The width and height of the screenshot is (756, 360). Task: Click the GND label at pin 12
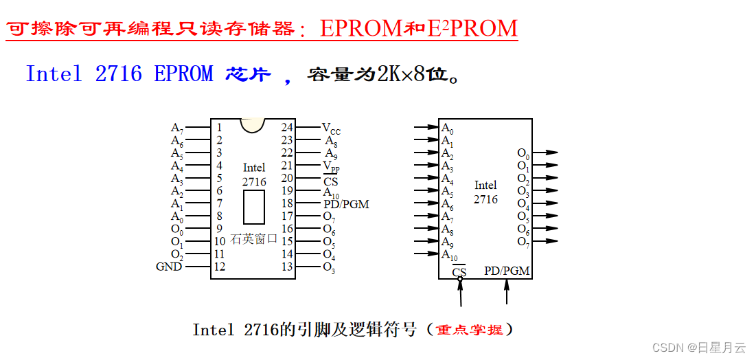pyautogui.click(x=169, y=267)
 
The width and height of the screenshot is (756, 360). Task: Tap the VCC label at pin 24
pyautogui.click(x=331, y=128)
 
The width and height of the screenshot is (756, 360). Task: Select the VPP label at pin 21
pyautogui.click(x=331, y=166)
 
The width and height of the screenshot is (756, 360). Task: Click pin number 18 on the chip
pyautogui.click(x=287, y=204)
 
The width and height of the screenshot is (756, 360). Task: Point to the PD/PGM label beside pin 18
pyautogui.click(x=346, y=204)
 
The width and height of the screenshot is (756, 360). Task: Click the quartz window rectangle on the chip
pyautogui.click(x=253, y=207)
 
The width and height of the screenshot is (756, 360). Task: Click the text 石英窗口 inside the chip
pyautogui.click(x=253, y=239)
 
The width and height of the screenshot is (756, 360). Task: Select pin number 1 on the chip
pyautogui.click(x=219, y=127)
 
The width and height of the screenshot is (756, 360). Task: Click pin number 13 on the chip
pyautogui.click(x=287, y=267)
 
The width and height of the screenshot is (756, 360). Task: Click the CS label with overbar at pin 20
pyautogui.click(x=331, y=181)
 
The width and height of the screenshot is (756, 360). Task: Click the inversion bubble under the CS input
pyautogui.click(x=459, y=279)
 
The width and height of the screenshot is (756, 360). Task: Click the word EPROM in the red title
pyautogui.click(x=360, y=28)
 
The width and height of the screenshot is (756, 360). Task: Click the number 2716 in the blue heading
pyautogui.click(x=119, y=74)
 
